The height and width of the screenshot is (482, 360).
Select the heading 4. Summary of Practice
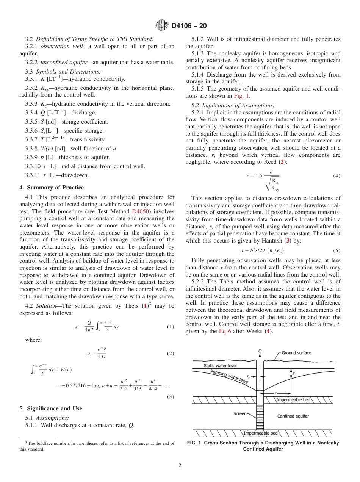click(52, 188)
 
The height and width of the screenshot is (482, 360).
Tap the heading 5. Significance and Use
click(50, 408)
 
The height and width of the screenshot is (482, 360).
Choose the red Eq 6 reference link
click(226, 331)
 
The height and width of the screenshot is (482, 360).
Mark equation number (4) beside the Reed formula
click(337, 176)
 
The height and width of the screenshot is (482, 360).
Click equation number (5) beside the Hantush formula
click(337, 250)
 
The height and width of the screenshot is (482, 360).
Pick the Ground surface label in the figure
click(296, 353)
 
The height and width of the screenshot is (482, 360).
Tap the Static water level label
click(220, 365)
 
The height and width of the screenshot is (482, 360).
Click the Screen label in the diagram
click(240, 414)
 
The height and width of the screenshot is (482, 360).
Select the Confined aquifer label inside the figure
click(293, 416)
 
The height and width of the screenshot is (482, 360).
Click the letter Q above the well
click(260, 351)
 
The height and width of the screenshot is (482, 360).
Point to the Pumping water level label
click(229, 377)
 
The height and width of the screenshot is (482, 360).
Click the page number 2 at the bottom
click(180, 466)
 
